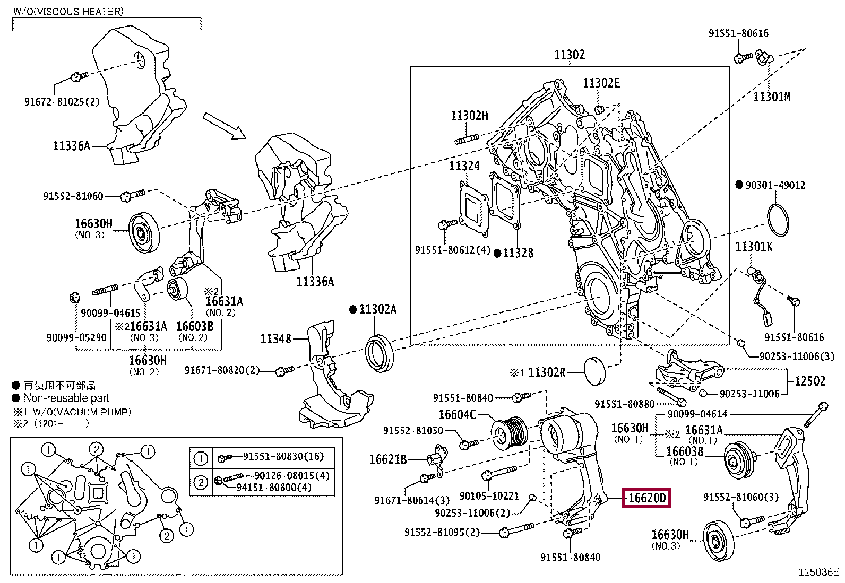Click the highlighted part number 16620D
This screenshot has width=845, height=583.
pos(646,498)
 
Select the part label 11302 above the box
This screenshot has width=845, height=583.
pos(570,54)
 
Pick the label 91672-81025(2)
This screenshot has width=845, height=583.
pos(62,102)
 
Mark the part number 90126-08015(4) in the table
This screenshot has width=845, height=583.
pos(292,476)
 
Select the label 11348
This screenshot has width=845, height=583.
pos(275,338)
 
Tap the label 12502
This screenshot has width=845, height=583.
pos(809,381)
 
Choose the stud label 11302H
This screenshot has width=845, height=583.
pos(469,116)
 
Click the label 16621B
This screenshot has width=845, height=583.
pos(387,459)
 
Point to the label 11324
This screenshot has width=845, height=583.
pos(464,166)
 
